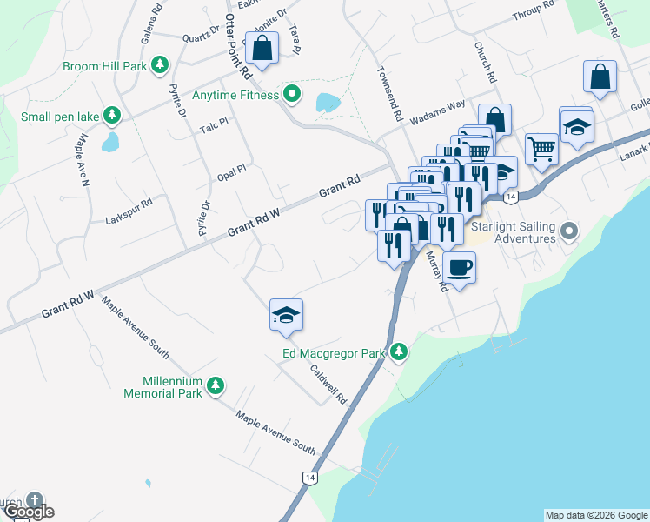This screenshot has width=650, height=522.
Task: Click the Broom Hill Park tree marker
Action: (x=160, y=65)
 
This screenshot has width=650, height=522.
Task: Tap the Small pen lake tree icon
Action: (x=112, y=116)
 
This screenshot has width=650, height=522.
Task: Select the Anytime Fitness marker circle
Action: (x=293, y=95)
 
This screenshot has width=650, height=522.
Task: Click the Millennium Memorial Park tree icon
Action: (x=216, y=385)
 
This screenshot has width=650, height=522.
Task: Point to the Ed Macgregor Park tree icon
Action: (x=399, y=352)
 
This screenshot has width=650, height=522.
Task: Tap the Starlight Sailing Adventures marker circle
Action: (x=569, y=231)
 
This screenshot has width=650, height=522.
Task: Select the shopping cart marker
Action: (x=541, y=148)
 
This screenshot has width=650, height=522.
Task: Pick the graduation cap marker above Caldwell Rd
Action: (x=286, y=315)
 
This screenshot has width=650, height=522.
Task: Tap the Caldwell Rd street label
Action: (x=329, y=384)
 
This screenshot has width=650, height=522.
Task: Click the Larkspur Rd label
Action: (x=128, y=201)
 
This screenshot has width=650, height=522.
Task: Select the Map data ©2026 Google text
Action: (x=596, y=515)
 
